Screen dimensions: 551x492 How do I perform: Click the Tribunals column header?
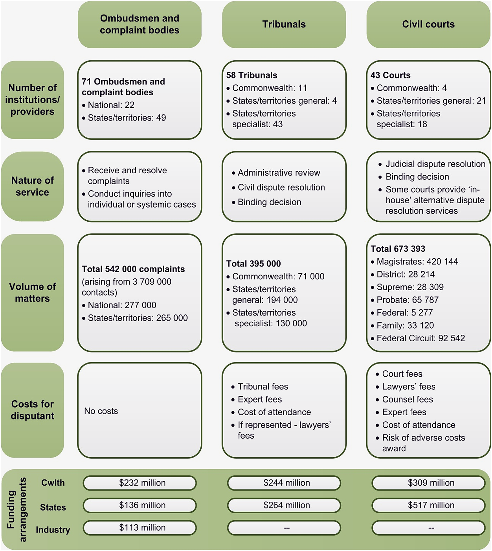[x=284, y=24]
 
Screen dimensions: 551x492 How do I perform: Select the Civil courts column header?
[x=428, y=24]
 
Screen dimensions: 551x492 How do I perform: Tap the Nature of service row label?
[x=32, y=186]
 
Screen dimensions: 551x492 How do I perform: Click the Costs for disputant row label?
[x=32, y=410]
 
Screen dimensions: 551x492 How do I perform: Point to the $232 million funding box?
[x=140, y=483]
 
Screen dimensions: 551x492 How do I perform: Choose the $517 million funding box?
[x=428, y=505]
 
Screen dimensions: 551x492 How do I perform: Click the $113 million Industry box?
[x=140, y=527]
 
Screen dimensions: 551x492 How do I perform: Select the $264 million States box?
[x=284, y=505]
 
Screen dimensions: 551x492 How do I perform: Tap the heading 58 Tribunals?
[x=252, y=75]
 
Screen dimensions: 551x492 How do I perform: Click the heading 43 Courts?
[x=390, y=75]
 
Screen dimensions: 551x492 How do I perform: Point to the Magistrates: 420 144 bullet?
[x=417, y=262]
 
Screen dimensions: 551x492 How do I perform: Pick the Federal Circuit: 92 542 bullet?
[x=421, y=338]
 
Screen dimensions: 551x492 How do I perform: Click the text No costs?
[x=101, y=411]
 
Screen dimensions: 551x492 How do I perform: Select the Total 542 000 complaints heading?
[x=133, y=269]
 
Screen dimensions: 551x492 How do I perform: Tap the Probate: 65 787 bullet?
[x=407, y=300]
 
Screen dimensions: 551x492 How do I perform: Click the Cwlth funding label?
[x=53, y=483]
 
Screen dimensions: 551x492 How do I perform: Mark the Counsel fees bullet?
[x=407, y=400]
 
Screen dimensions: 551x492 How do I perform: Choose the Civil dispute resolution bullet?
[x=281, y=188]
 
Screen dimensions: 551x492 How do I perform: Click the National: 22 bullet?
[x=111, y=105]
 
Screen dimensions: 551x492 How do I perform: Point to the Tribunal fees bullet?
[x=263, y=387]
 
